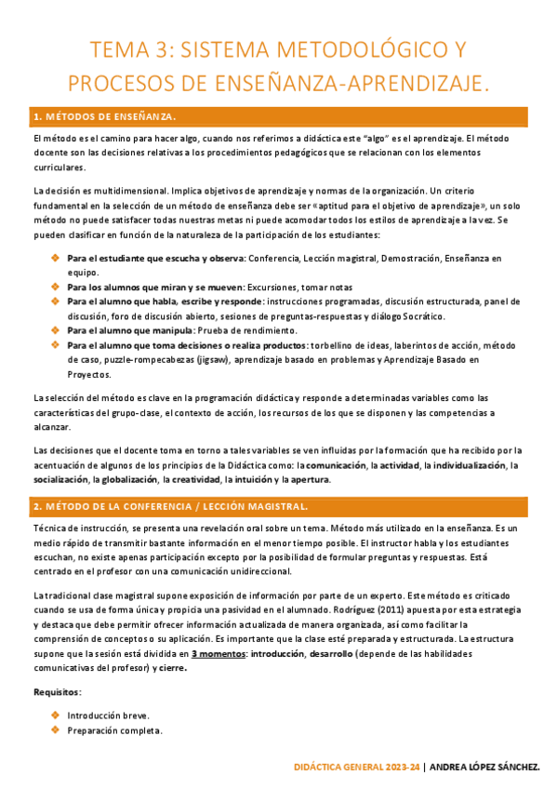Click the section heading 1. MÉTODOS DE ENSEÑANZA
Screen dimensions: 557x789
pos(104,117)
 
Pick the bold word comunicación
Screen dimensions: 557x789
pos(337,464)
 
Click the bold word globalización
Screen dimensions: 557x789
pos(126,479)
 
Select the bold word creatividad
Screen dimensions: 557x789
pos(192,479)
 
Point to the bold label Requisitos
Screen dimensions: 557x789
pos(56,693)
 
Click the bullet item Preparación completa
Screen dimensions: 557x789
pos(114,730)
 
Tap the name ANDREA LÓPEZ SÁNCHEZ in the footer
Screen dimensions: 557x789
pos(487,768)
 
